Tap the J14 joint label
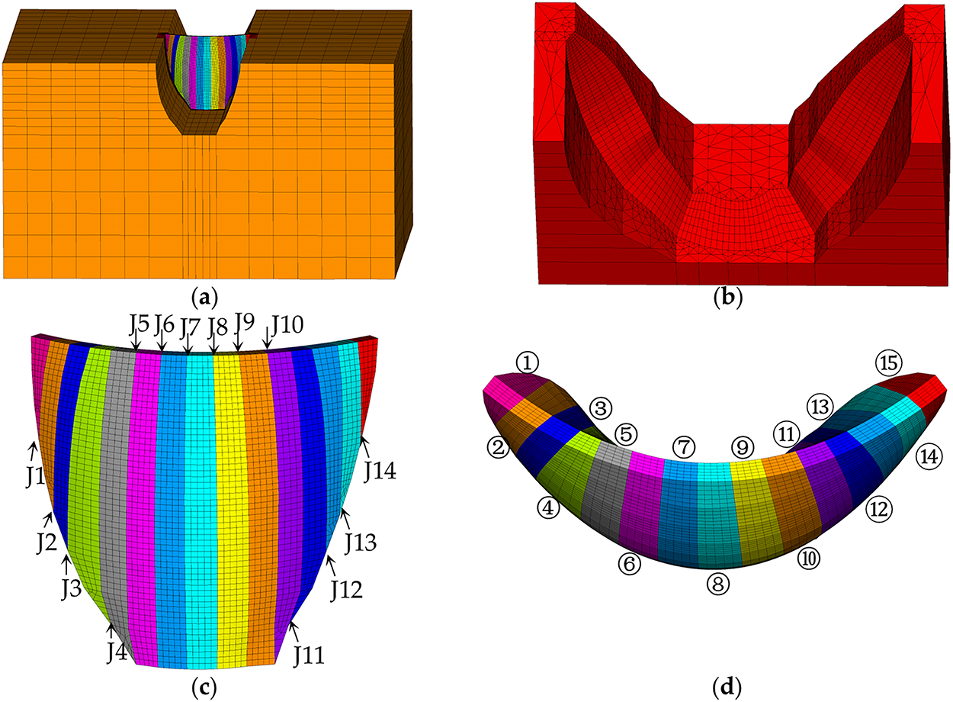click(x=380, y=472)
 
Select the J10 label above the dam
click(x=287, y=325)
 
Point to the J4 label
click(x=117, y=652)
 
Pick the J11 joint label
click(x=309, y=655)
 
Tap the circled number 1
click(x=527, y=363)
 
